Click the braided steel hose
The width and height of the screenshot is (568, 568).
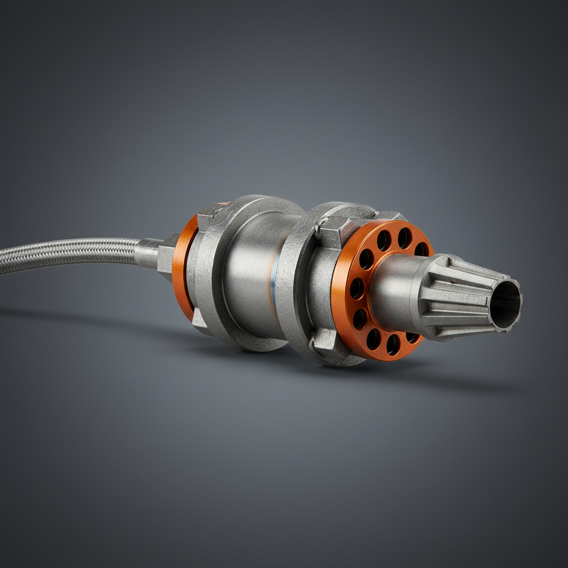[x=67, y=255]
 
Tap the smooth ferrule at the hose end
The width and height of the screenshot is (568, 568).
[x=148, y=252]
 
